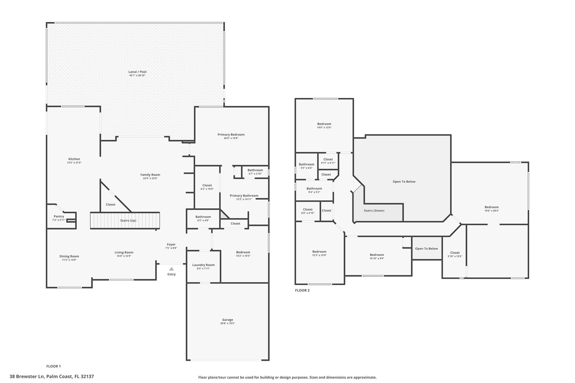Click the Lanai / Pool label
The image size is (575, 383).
click(x=137, y=72)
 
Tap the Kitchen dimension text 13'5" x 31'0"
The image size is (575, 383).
click(x=74, y=163)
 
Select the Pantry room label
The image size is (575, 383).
click(x=59, y=216)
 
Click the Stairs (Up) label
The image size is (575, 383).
click(x=128, y=221)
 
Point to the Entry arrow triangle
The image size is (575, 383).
click(x=172, y=269)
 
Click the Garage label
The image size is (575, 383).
click(x=228, y=320)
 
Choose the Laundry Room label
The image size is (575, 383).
click(x=204, y=265)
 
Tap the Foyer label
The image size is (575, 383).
click(x=171, y=244)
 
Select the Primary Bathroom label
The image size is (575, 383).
click(x=244, y=196)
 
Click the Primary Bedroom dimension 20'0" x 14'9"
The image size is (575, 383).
click(x=231, y=138)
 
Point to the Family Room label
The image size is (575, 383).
click(x=150, y=175)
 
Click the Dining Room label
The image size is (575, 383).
click(x=69, y=256)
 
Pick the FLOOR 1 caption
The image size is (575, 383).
click(x=54, y=366)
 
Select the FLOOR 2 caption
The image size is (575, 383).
click(x=302, y=290)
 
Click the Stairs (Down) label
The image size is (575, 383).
click(x=374, y=211)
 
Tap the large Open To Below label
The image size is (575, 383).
click(x=404, y=182)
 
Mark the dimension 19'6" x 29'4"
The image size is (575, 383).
click(x=492, y=211)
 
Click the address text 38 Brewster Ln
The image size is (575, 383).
click(x=27, y=377)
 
